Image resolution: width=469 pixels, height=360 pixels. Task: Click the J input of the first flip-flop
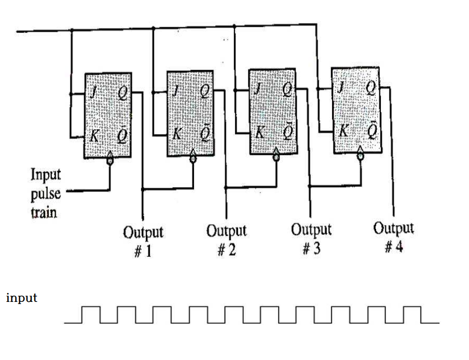click(94, 94)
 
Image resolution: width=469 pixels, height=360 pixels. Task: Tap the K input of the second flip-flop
click(177, 134)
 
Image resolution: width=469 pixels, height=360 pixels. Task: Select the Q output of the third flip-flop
click(287, 89)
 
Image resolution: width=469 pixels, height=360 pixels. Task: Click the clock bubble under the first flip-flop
click(110, 161)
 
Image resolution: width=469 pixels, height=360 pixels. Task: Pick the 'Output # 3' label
click(311, 238)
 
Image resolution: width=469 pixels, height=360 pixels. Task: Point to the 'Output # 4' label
click(394, 236)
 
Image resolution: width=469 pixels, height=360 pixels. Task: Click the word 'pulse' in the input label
click(46, 194)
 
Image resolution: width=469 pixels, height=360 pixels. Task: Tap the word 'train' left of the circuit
click(44, 212)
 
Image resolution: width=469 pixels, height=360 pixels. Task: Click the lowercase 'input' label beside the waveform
click(22, 298)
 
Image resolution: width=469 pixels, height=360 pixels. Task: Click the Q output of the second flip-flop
click(204, 91)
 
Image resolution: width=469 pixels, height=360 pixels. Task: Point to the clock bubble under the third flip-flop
click(277, 158)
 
